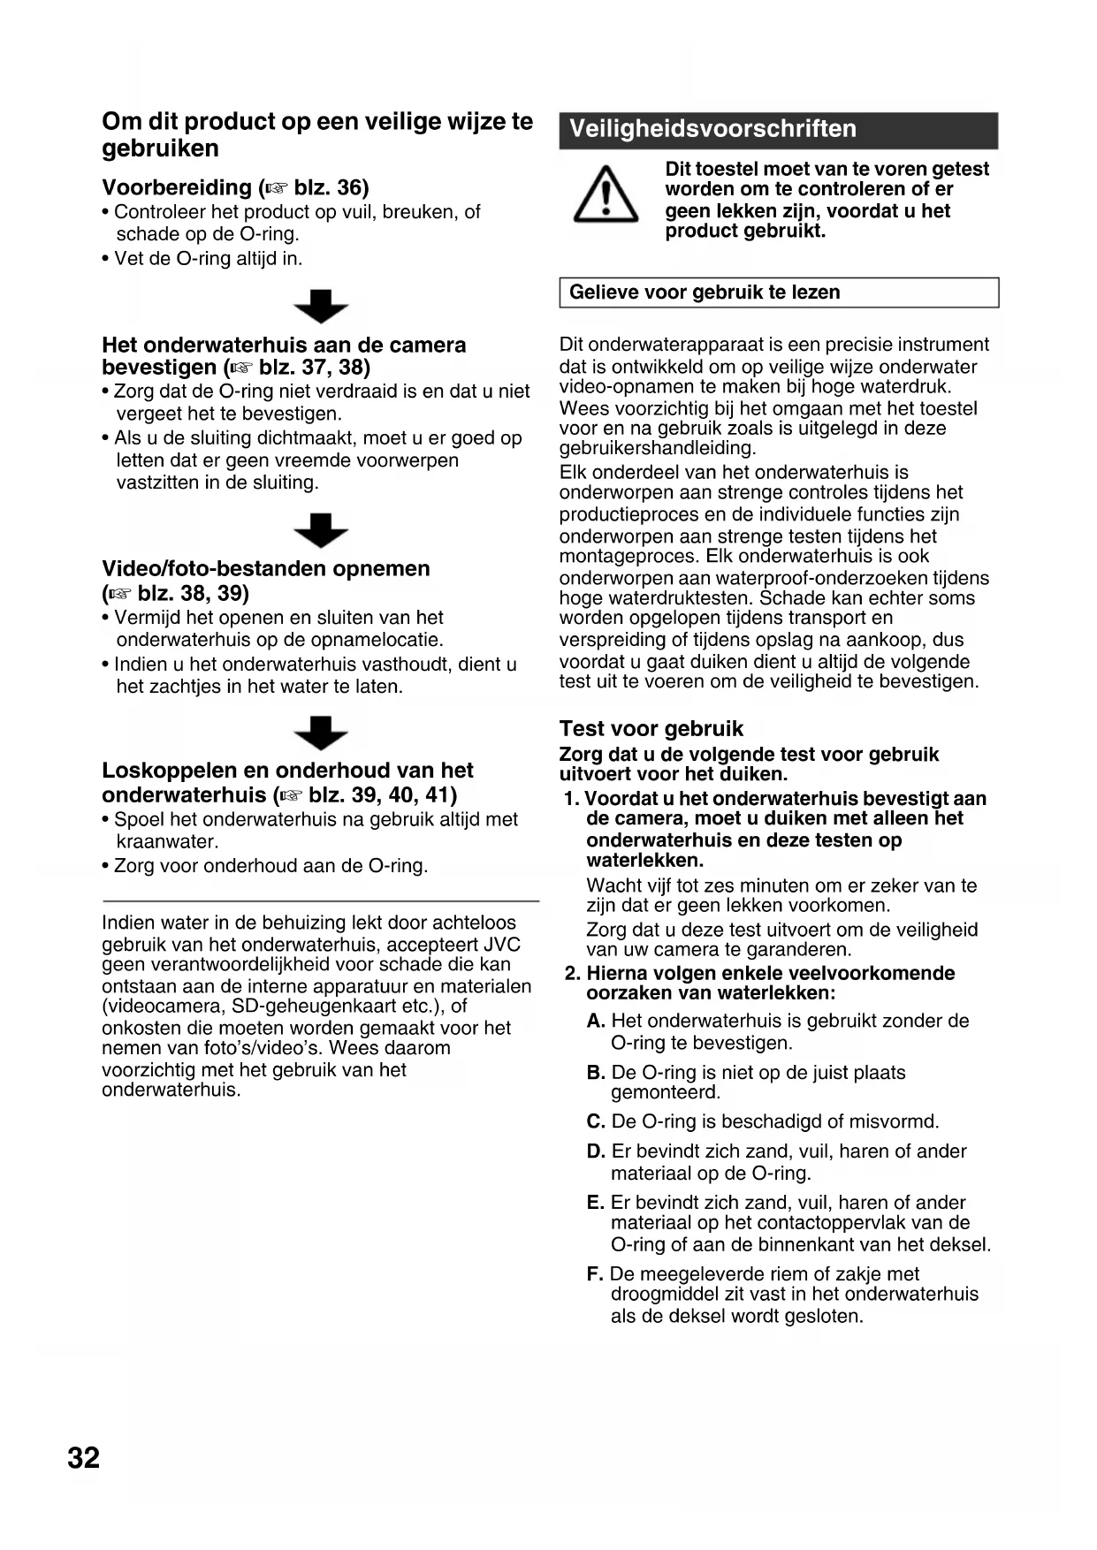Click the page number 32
[84, 1457]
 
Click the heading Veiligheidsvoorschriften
[712, 129]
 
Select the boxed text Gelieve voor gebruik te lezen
[705, 293]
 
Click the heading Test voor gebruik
[651, 728]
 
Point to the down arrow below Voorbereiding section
[320, 306]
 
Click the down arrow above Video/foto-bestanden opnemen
[320, 530]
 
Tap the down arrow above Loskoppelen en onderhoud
[320, 733]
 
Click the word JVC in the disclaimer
[502, 944]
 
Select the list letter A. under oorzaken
[596, 1021]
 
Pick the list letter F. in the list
[595, 1273]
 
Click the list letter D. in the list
[596, 1151]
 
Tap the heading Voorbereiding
[177, 187]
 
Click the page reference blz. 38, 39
[193, 592]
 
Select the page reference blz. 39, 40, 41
[382, 794]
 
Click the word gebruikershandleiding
[657, 448]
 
